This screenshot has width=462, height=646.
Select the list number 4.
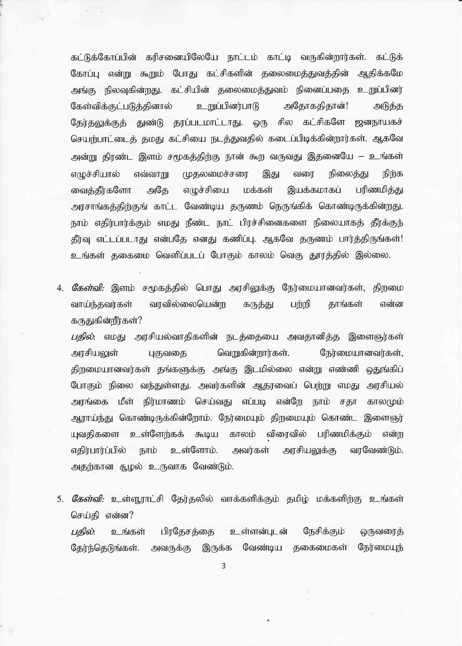(60, 288)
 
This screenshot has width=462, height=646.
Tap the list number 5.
(60, 499)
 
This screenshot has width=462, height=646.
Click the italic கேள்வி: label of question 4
(88, 288)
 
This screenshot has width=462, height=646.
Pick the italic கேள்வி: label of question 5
(88, 499)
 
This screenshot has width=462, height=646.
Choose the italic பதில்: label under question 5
(83, 532)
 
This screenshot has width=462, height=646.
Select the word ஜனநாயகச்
(379, 123)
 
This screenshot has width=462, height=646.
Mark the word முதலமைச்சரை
(215, 174)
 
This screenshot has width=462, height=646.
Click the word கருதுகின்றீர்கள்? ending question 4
(106, 321)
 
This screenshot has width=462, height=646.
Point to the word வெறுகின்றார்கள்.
(253, 354)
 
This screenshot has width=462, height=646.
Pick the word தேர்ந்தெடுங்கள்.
(105, 548)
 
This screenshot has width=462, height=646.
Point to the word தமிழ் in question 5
(298, 499)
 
